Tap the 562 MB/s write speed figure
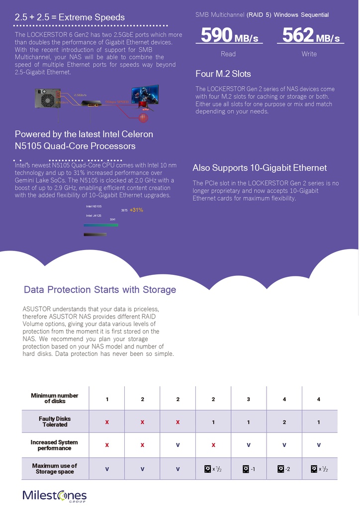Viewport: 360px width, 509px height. [x=311, y=36]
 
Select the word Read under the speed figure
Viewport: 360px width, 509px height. [x=228, y=54]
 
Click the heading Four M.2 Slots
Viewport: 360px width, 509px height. [x=223, y=74]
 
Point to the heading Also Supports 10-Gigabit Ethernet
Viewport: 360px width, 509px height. [x=260, y=168]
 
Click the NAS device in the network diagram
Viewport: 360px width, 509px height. [x=45, y=98]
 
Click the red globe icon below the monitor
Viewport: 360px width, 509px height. [x=144, y=118]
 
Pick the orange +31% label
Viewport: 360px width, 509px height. [x=136, y=210]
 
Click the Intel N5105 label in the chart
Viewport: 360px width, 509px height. [x=94, y=206]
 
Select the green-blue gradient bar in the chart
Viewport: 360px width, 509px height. [x=101, y=225]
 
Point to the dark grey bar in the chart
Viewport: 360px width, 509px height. [x=95, y=234]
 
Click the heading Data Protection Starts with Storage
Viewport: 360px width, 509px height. [x=100, y=290]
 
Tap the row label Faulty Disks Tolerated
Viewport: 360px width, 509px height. [x=55, y=422]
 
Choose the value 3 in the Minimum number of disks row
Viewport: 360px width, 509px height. [x=249, y=399]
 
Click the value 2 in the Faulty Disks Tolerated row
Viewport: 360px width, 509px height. [x=284, y=422]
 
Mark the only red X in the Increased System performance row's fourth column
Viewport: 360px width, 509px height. [x=213, y=445]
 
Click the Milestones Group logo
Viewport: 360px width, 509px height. [x=55, y=496]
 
